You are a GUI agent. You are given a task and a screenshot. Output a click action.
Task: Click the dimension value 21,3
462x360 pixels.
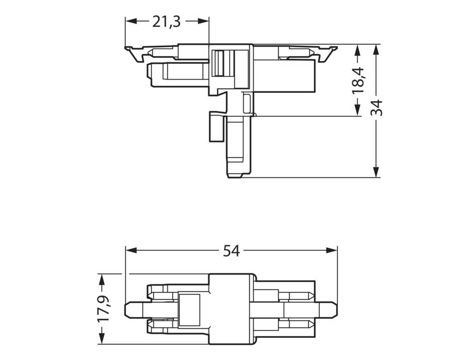167,21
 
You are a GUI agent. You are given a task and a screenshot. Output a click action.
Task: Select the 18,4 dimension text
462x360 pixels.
358,80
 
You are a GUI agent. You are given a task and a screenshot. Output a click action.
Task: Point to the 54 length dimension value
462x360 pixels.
231,250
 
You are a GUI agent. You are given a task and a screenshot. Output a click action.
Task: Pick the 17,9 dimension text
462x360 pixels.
103,309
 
